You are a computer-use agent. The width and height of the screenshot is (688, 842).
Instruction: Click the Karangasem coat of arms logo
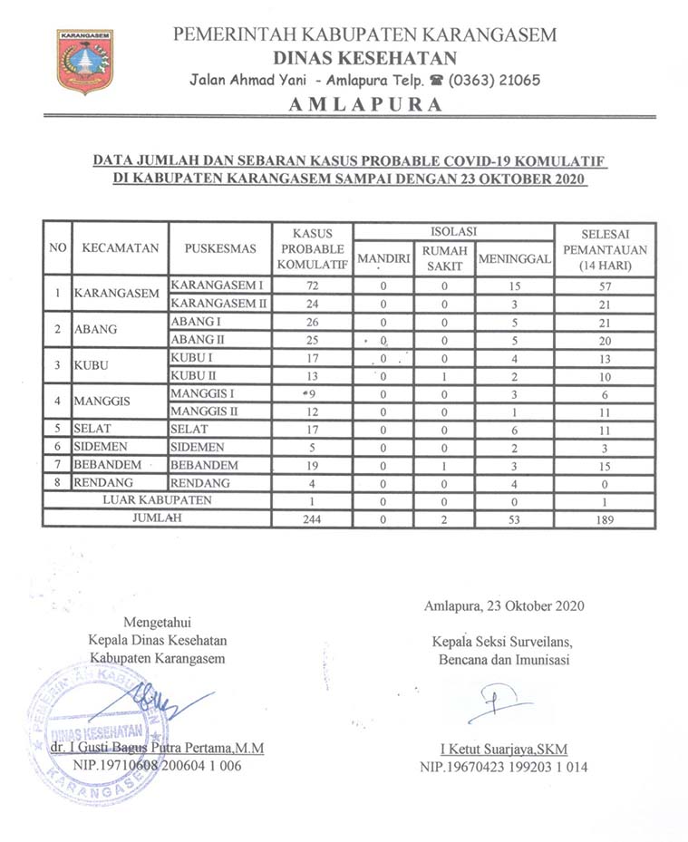(x=84, y=61)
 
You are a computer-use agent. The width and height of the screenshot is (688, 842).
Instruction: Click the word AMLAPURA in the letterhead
(x=365, y=104)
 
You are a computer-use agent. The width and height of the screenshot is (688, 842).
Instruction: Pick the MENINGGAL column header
(x=514, y=259)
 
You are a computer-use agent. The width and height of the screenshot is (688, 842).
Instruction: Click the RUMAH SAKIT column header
(x=444, y=258)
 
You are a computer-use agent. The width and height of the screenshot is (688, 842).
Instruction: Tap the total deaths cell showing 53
(x=514, y=519)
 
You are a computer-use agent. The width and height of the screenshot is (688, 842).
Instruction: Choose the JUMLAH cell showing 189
(x=605, y=519)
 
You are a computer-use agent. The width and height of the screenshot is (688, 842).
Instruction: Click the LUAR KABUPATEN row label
(x=157, y=500)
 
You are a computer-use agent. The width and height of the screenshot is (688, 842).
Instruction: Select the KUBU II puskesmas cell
(x=194, y=375)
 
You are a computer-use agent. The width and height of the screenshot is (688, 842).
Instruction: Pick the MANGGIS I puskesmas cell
(x=201, y=393)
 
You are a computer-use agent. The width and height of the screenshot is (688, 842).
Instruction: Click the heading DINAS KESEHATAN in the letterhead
(x=365, y=58)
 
